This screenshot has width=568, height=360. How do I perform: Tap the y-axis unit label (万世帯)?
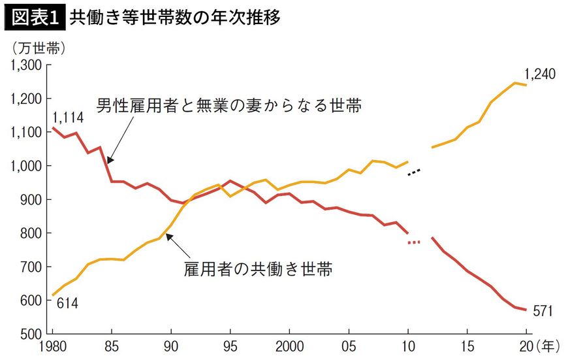click(38, 47)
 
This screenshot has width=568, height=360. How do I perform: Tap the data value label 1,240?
click(540, 74)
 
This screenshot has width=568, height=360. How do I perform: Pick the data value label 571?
click(543, 311)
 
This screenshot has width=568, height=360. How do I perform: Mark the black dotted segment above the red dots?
click(414, 172)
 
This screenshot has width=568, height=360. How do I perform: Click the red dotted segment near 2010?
click(414, 242)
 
